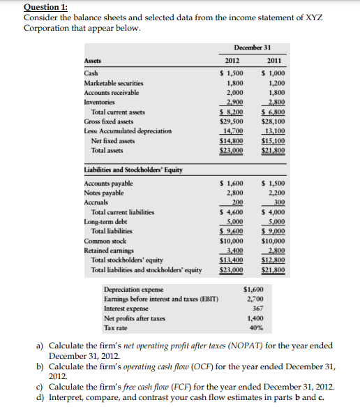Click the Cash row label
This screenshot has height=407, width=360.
91,73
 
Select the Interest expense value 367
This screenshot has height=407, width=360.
257,308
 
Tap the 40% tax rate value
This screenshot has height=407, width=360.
256,327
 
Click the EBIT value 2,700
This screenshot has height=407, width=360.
255,299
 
